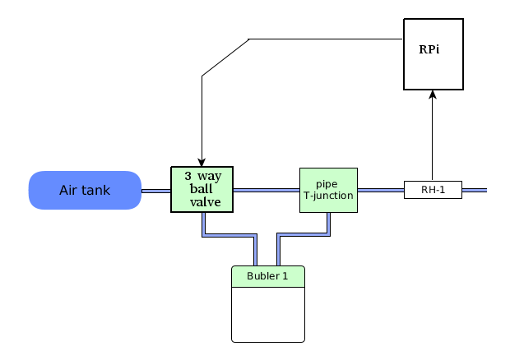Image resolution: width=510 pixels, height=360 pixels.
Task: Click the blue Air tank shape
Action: click(85, 190)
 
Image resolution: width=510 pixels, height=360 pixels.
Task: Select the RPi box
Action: click(433, 54)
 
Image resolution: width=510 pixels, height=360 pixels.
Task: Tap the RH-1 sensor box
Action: click(433, 190)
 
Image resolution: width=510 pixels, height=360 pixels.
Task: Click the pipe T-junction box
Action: click(328, 190)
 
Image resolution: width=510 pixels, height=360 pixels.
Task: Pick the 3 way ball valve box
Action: click(202, 189)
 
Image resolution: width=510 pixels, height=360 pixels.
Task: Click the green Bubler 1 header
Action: click(268, 276)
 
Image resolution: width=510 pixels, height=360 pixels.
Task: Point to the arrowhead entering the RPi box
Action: click(433, 95)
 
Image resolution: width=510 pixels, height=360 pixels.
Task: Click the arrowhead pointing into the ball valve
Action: click(202, 163)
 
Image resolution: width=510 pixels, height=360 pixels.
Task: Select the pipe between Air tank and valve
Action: click(156, 191)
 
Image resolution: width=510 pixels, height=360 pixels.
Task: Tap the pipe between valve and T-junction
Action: click(267, 190)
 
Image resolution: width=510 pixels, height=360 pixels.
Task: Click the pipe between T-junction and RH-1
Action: click(381, 190)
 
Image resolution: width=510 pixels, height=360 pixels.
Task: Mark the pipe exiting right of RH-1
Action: click(475, 190)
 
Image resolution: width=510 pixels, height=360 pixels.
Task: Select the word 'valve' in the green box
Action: click(206, 202)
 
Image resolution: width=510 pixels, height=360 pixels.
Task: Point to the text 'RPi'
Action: click(429, 49)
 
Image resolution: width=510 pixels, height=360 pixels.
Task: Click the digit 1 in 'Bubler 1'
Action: click(285, 276)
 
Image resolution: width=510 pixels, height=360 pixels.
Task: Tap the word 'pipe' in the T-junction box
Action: click(327, 185)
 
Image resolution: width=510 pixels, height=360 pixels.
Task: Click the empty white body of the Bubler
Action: click(268, 315)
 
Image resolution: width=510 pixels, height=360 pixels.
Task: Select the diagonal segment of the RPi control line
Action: click(225, 58)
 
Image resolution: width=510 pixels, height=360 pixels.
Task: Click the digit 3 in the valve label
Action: click(188, 176)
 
